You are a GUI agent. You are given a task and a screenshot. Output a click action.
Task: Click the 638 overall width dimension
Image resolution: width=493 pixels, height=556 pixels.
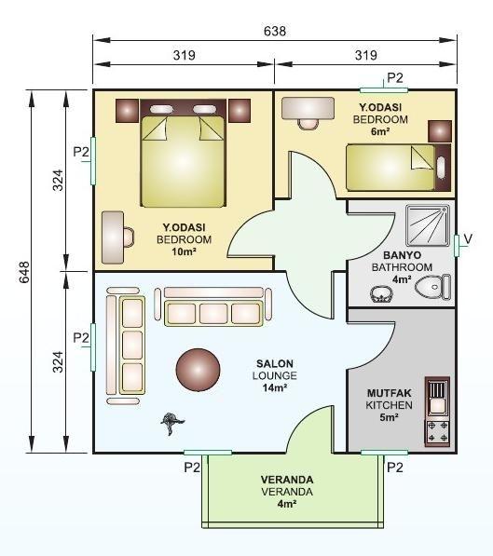click(x=275, y=32)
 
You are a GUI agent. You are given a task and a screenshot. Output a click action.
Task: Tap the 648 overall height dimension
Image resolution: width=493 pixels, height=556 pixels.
click(x=24, y=272)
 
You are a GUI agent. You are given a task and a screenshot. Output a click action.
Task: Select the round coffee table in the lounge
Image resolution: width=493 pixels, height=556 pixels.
click(x=198, y=370)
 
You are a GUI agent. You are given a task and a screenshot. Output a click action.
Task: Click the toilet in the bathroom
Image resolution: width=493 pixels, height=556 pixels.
click(x=432, y=287)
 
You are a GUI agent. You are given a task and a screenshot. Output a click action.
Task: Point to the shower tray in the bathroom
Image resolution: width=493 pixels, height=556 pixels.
click(x=428, y=225)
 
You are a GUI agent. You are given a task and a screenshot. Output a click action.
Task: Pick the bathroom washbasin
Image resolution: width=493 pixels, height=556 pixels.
click(x=381, y=294)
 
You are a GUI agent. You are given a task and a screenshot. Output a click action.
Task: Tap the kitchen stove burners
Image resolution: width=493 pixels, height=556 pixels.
click(x=438, y=432)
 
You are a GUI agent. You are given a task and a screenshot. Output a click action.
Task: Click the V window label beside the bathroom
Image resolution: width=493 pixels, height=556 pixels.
click(x=468, y=239)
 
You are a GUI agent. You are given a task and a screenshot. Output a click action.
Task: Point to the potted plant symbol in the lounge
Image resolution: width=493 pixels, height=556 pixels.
click(x=172, y=424)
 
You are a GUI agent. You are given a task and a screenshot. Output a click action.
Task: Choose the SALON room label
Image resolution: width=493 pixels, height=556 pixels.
click(x=275, y=363)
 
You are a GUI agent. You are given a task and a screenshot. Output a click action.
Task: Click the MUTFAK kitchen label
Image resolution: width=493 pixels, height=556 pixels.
click(x=390, y=393)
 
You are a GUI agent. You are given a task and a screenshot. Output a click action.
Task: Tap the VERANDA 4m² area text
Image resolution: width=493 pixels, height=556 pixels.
click(x=287, y=504)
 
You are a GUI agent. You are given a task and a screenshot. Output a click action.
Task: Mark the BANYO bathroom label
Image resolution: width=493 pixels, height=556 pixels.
click(x=403, y=255)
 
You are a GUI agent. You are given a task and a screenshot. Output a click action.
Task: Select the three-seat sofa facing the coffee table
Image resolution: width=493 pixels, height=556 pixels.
click(x=213, y=306)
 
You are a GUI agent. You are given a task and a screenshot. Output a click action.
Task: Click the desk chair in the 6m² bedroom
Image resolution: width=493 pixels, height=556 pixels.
click(x=308, y=125)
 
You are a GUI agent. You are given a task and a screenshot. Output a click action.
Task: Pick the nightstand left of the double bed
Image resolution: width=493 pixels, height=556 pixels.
click(x=127, y=111)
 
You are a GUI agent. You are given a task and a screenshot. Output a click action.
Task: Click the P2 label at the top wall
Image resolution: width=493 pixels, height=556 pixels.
click(x=395, y=77)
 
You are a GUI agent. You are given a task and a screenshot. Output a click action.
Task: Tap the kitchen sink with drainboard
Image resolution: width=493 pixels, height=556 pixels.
click(x=437, y=398)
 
